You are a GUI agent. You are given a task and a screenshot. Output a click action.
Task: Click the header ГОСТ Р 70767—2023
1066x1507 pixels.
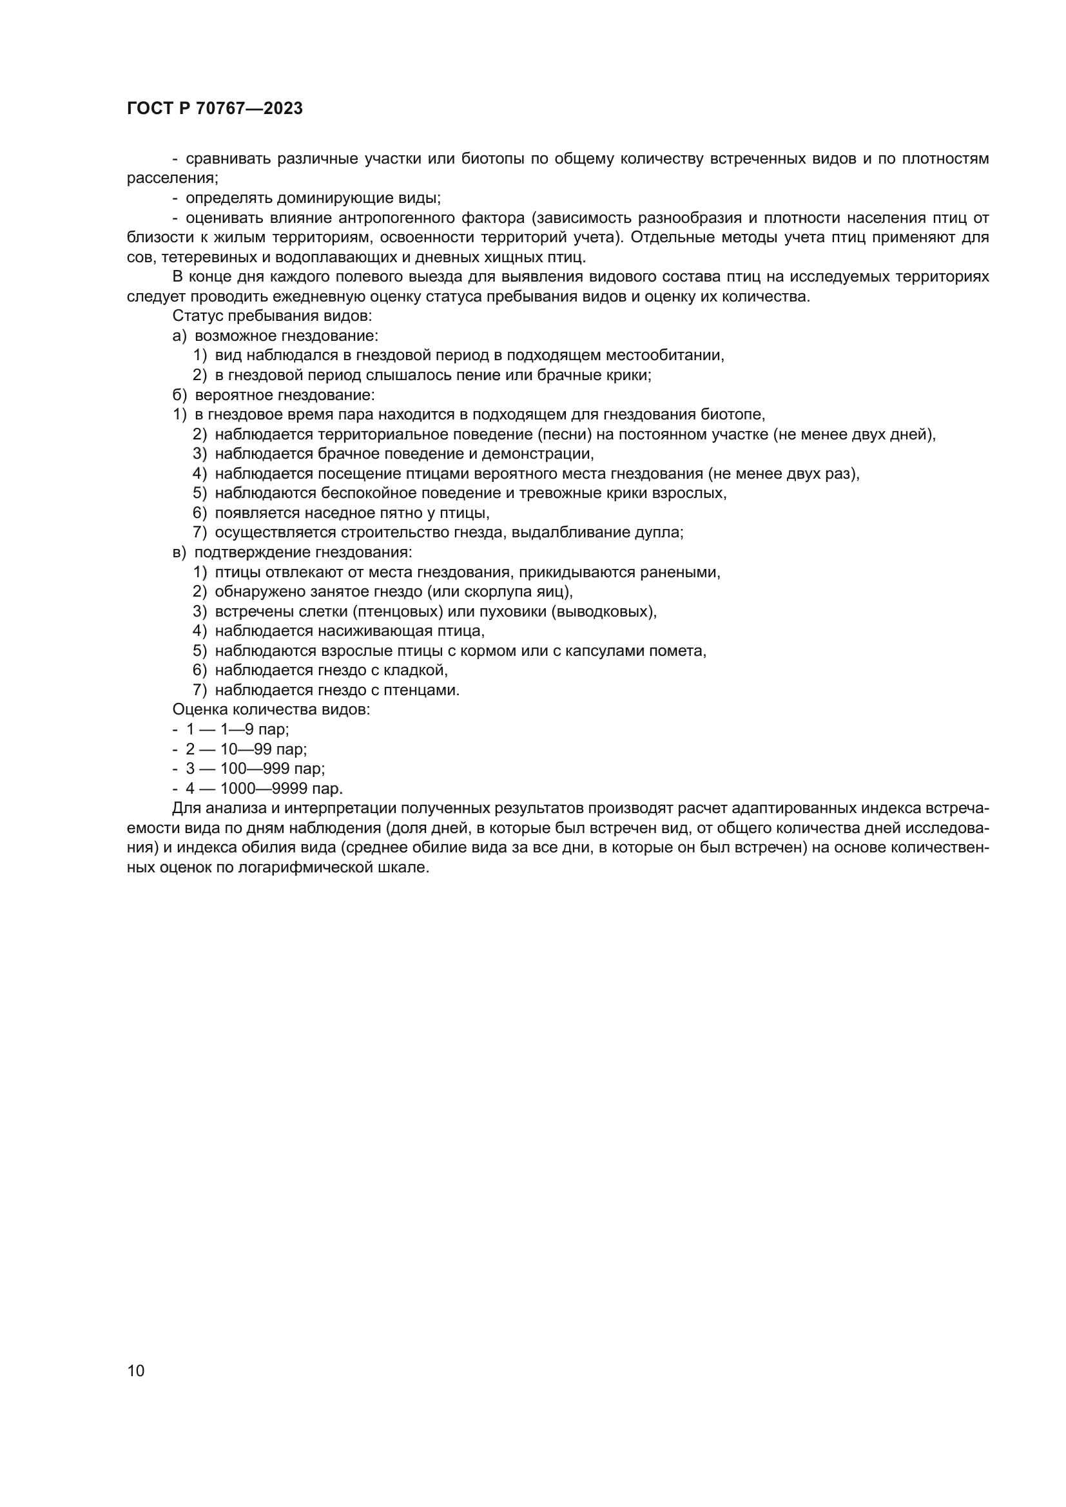pos(215,109)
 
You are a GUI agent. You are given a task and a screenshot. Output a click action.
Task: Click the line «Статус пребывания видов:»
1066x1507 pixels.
pos(273,316)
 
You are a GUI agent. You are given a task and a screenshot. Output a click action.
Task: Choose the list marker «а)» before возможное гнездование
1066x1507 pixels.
pos(179,336)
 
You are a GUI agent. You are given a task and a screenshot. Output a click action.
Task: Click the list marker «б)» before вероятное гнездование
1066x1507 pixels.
pos(179,395)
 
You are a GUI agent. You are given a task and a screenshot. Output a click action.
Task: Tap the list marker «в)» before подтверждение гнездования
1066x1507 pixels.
pos(179,553)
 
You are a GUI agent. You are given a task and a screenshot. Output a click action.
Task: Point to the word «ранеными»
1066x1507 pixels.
pos(687,572)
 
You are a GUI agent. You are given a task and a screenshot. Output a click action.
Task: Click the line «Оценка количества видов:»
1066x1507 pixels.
pos(271,709)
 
